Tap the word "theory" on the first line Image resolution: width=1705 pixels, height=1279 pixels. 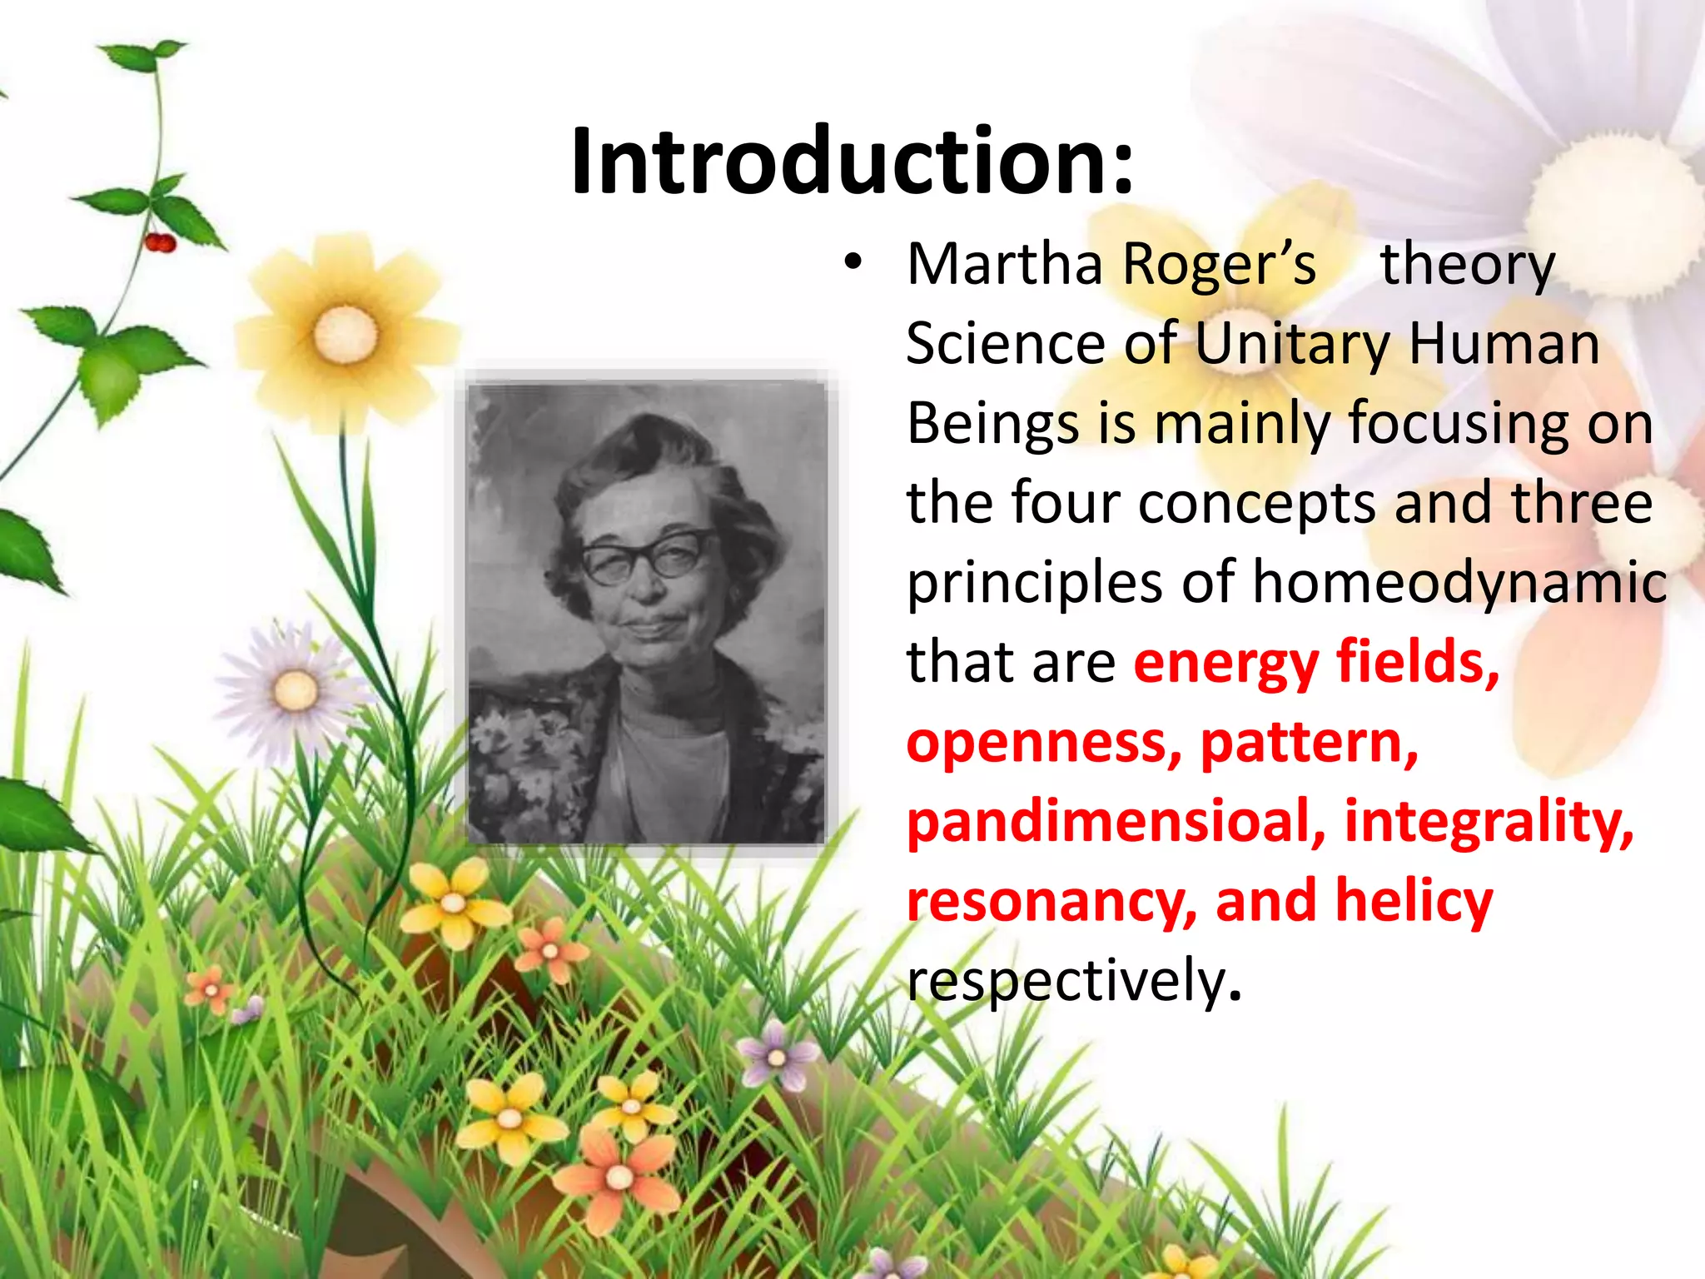[x=1467, y=265]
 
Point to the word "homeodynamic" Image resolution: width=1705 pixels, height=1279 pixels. [x=1459, y=582]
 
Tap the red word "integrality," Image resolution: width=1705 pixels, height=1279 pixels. [x=1489, y=822]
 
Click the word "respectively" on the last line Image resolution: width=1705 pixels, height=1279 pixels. [x=1066, y=980]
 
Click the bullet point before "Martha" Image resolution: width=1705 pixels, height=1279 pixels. [x=852, y=263]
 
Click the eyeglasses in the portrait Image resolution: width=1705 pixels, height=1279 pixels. [x=645, y=555]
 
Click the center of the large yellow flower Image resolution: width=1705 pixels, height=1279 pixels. [x=345, y=335]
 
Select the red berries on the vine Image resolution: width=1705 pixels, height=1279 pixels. [x=160, y=242]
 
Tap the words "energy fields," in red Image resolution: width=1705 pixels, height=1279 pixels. [x=1316, y=662]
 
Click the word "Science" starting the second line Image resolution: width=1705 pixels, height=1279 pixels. [x=1004, y=344]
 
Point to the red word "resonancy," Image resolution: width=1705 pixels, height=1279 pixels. [x=1051, y=902]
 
